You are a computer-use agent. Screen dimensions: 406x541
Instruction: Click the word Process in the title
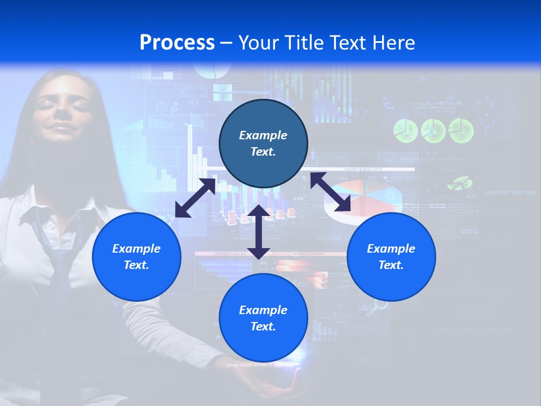(x=177, y=43)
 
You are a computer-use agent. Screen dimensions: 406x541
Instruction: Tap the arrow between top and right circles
(x=331, y=192)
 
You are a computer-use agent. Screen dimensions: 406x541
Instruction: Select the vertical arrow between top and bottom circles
(x=259, y=232)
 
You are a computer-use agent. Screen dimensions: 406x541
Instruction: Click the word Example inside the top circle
(x=263, y=135)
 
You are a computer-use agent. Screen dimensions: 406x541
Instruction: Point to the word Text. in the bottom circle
(x=263, y=326)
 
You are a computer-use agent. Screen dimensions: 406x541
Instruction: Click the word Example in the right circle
(x=391, y=249)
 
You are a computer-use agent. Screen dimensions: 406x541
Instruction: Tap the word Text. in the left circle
(x=136, y=265)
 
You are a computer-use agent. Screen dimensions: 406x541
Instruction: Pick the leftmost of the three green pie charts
(x=405, y=130)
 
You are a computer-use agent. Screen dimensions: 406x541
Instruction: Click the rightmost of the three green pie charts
(x=461, y=130)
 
